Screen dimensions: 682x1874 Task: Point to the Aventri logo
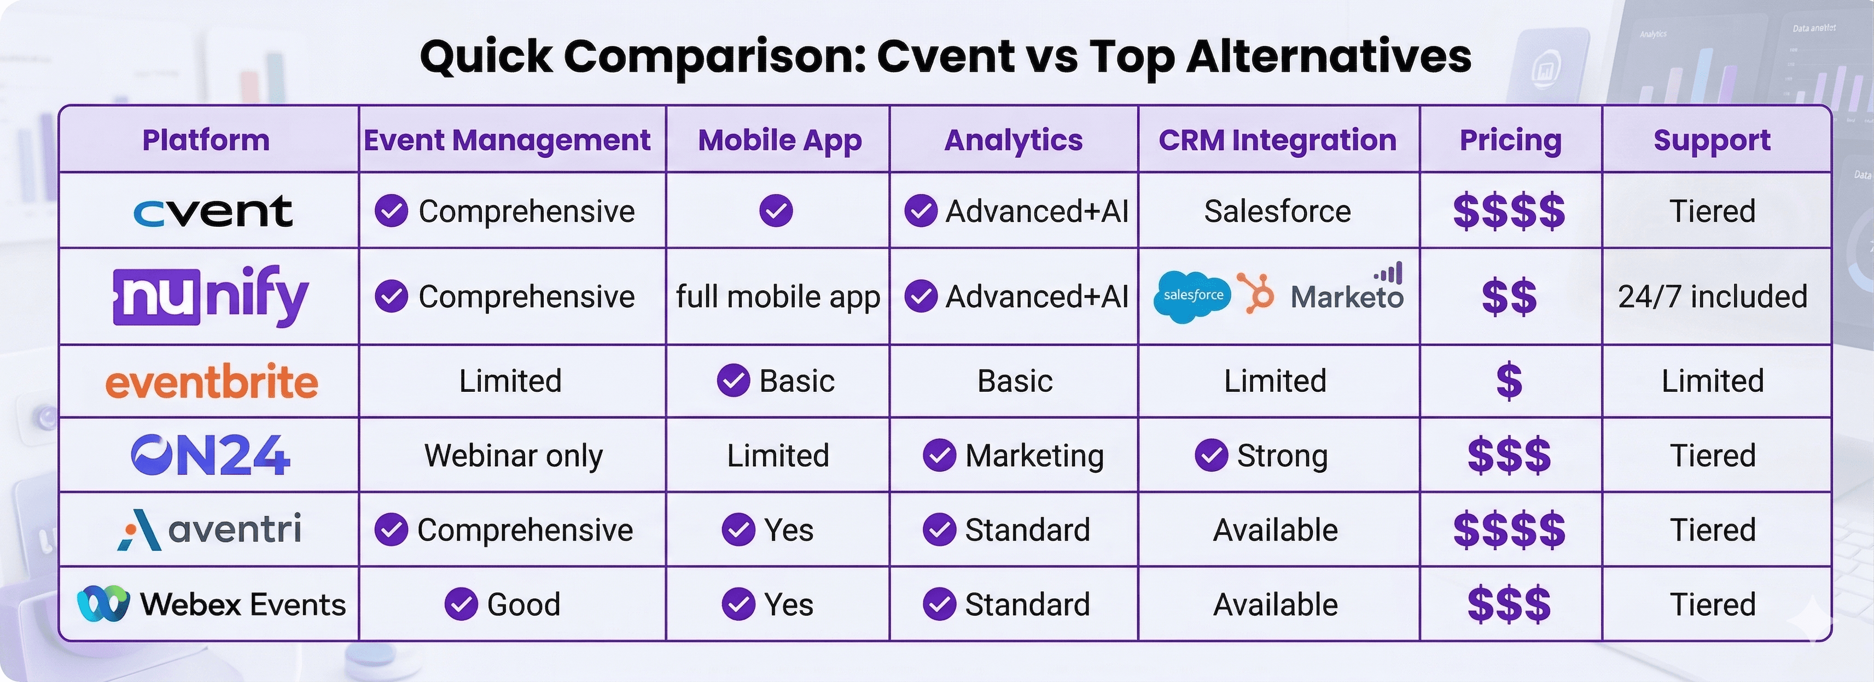coord(209,530)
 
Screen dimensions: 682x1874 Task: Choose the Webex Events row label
coord(211,604)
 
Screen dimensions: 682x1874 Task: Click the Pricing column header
coord(1510,139)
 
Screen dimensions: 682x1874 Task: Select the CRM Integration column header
coord(1277,139)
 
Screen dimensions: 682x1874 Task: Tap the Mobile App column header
coord(779,139)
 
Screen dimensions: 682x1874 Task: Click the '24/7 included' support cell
coord(1713,296)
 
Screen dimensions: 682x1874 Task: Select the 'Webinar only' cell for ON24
coord(514,456)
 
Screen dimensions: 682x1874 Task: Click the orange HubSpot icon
coord(1257,293)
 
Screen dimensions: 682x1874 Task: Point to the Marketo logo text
coord(1347,296)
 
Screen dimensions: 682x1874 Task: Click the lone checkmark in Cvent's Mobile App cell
coord(776,211)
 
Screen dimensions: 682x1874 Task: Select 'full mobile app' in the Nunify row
coord(778,296)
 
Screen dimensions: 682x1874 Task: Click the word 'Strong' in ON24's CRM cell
coord(1282,456)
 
